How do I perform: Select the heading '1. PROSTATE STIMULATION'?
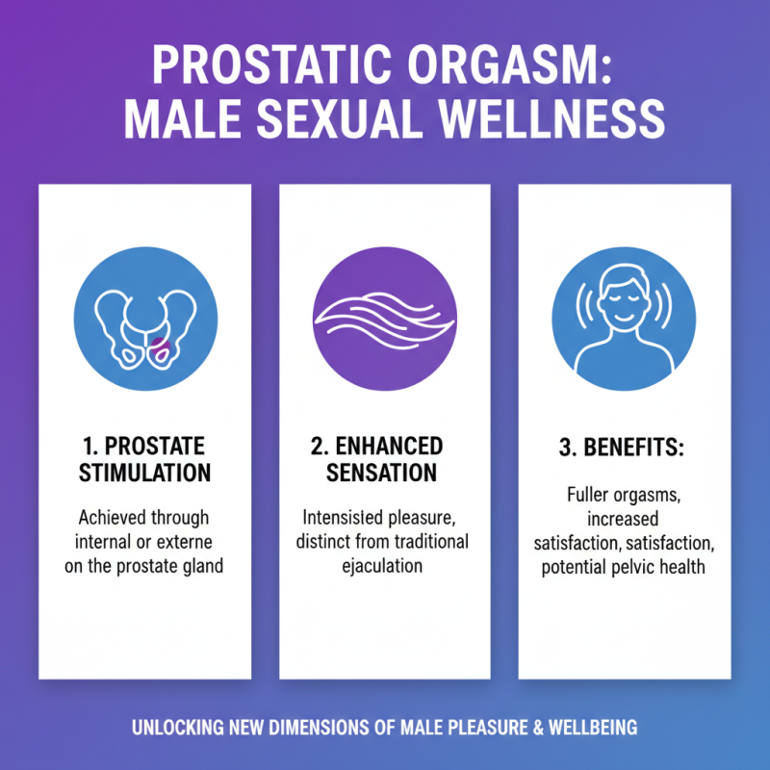[x=144, y=461]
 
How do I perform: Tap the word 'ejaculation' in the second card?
[x=384, y=565]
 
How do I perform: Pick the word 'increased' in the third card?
[x=625, y=521]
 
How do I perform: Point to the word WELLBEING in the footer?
[x=590, y=728]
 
